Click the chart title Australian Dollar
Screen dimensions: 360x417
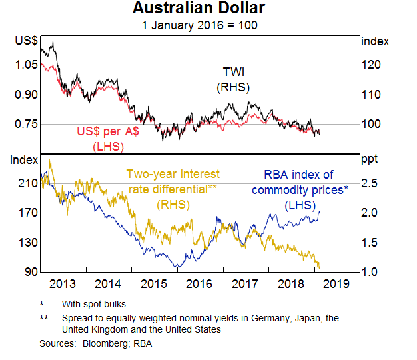199,9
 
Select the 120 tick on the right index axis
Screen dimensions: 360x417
371,65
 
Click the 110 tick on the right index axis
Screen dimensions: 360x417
371,95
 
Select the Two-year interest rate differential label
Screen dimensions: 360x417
173,189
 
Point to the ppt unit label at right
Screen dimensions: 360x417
370,160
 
